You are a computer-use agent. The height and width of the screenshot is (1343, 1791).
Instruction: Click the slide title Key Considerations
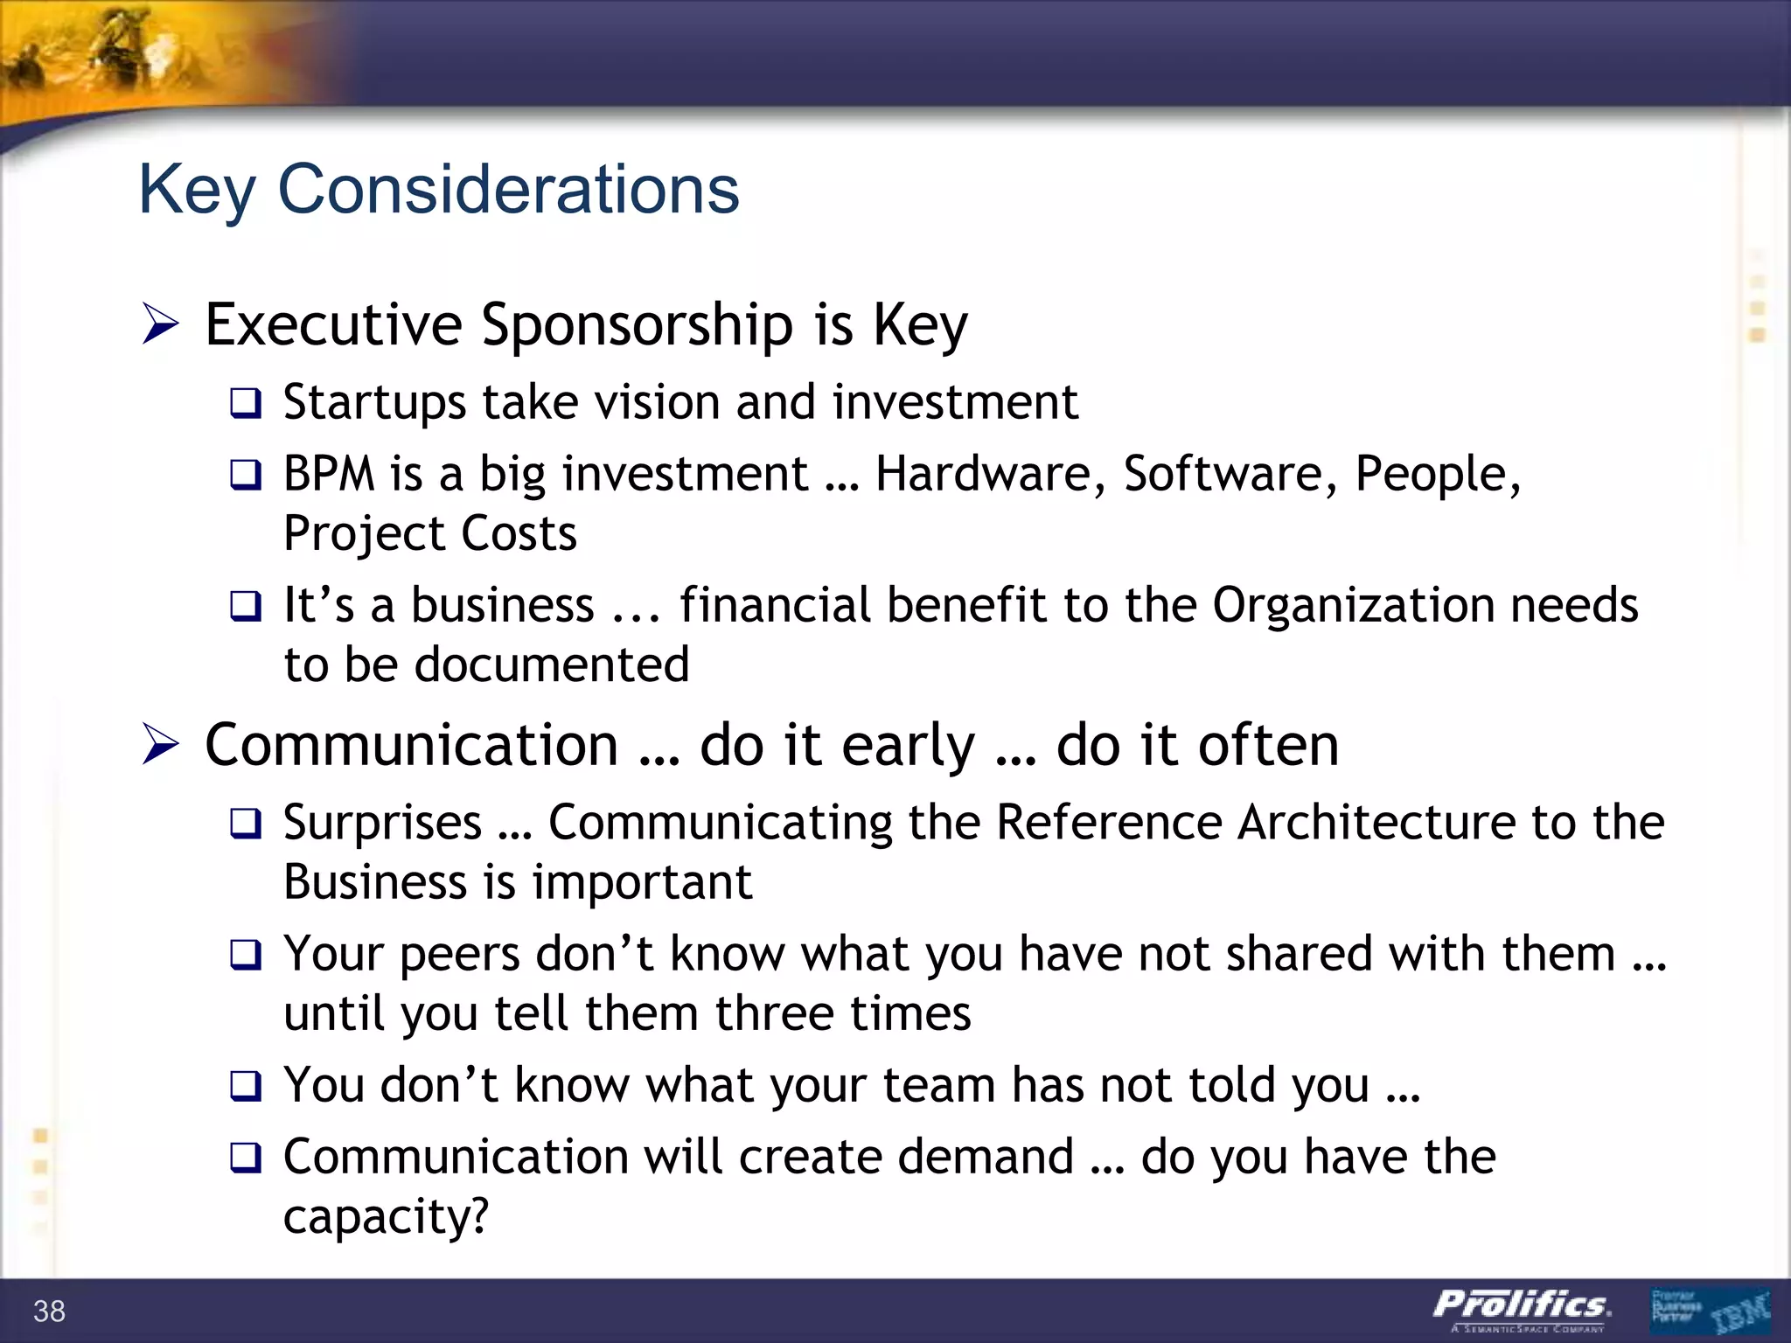[438, 190]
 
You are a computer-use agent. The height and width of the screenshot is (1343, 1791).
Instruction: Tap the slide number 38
[49, 1312]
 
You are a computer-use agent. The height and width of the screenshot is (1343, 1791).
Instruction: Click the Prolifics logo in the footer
[1522, 1308]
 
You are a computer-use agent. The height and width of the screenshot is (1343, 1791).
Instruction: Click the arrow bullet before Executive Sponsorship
[161, 325]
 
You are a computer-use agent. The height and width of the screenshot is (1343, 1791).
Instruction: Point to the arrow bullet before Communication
[161, 746]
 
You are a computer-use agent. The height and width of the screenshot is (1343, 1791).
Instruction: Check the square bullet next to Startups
[246, 404]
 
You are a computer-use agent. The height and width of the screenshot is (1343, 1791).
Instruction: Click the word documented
[552, 665]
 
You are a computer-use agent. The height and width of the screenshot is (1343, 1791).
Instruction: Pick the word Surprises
[382, 823]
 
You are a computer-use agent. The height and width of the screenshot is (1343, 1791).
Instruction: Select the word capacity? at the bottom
[386, 1217]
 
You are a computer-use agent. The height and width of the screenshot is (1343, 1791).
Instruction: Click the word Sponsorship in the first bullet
[638, 325]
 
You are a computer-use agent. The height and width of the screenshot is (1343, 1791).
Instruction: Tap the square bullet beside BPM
[246, 476]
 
